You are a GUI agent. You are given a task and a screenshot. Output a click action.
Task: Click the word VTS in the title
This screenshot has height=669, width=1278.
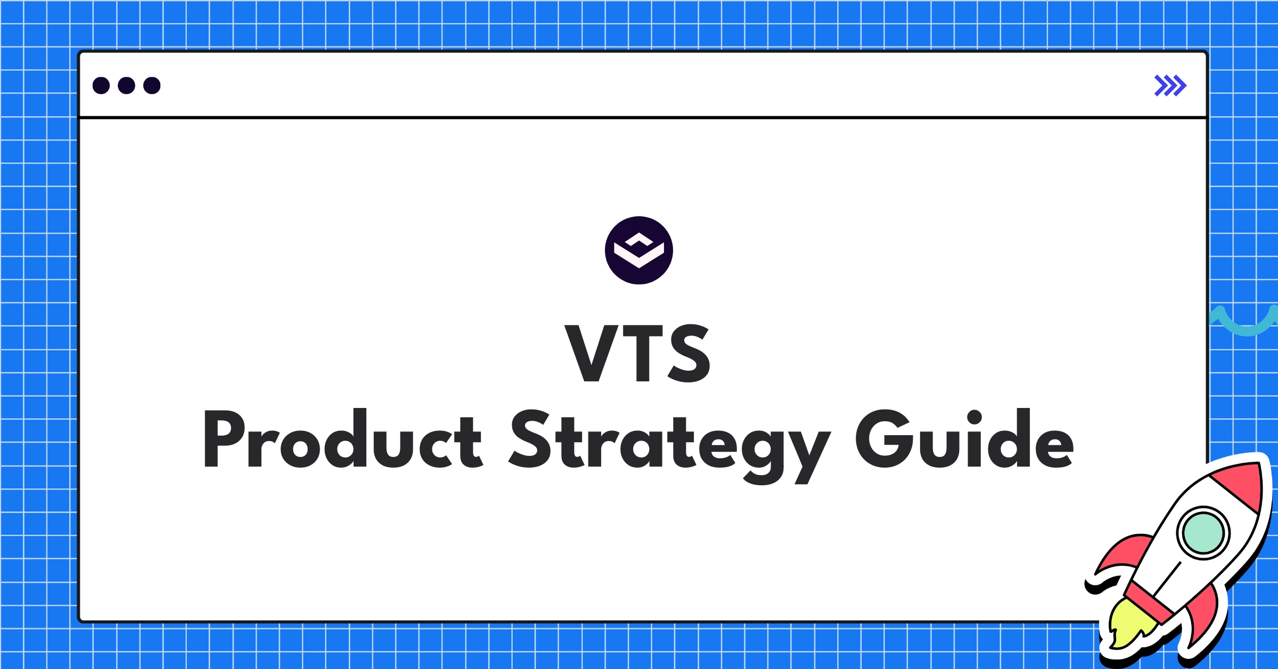tap(637, 353)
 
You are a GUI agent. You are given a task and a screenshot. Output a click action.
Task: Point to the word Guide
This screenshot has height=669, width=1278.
tap(964, 439)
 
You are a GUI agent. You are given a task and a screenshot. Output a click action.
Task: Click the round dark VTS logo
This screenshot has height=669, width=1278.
tap(638, 250)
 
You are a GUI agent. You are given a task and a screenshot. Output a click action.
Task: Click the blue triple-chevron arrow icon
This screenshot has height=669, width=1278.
tap(1170, 85)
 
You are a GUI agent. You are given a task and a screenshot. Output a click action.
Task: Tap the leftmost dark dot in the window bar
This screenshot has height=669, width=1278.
tap(101, 85)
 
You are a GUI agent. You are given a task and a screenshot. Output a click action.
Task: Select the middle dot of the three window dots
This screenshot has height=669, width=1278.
tap(126, 85)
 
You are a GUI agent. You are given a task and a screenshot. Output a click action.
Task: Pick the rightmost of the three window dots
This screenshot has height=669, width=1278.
tap(152, 85)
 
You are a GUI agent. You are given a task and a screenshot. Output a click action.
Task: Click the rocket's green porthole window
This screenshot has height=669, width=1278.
tap(1203, 533)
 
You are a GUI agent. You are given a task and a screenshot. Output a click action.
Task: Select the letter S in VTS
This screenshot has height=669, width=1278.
tap(689, 353)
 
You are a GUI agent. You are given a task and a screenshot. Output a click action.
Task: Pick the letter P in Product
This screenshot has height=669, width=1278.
tap(224, 439)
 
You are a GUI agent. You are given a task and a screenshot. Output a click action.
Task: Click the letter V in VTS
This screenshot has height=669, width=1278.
tap(591, 353)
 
